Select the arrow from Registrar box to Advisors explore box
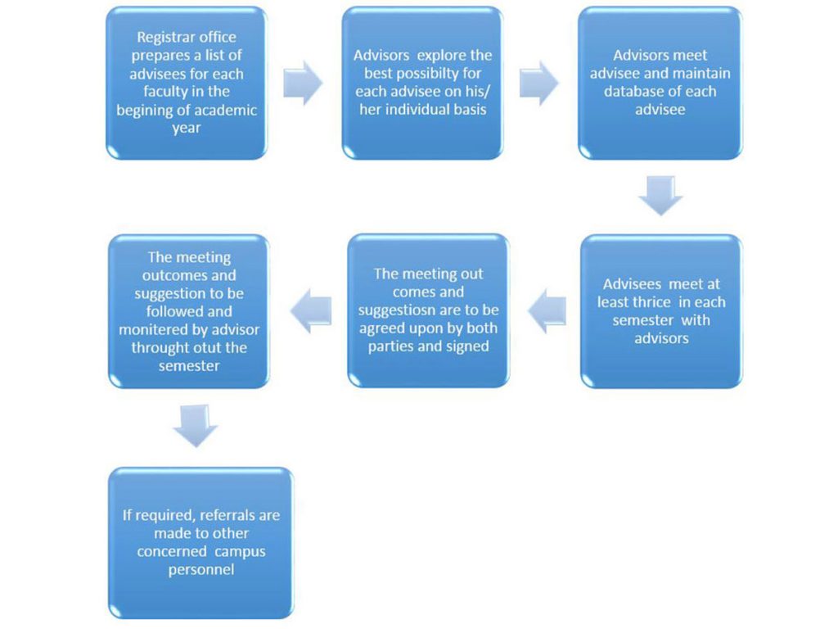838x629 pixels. (303, 82)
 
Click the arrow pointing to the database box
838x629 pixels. (538, 82)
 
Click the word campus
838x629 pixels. (236, 552)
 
